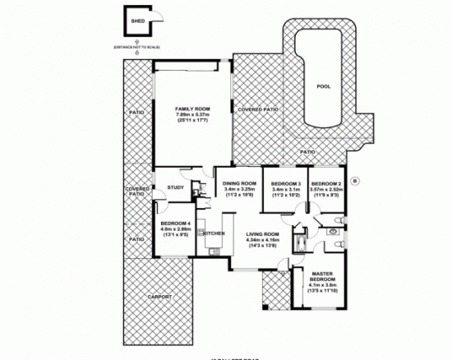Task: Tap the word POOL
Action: [323, 85]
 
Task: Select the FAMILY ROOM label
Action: [191, 108]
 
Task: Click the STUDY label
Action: [174, 187]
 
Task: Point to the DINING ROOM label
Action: [240, 184]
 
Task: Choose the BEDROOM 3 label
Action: [287, 183]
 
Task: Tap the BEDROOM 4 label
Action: [176, 224]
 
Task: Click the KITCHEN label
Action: [214, 233]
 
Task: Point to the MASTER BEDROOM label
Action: [324, 277]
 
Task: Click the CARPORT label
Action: [159, 296]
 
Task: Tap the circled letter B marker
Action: [354, 180]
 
